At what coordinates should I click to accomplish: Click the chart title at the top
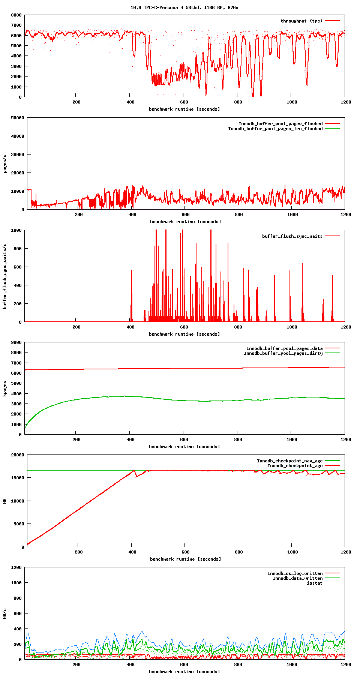pos(184,7)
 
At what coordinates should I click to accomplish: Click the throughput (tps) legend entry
pos(301,21)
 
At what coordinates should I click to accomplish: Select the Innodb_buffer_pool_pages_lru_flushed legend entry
pos(275,129)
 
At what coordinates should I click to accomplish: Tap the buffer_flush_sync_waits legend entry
pos(292,236)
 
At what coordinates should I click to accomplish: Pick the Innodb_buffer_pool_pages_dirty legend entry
pos(283,353)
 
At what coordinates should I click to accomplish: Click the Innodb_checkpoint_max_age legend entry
pos(289,461)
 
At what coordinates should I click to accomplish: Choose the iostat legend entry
pos(315,583)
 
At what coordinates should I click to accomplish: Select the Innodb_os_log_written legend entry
pos(295,573)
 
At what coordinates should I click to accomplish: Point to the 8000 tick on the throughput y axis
pos(16,15)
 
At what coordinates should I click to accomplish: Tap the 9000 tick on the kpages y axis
pos(16,342)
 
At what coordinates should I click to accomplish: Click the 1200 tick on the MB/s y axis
pos(16,567)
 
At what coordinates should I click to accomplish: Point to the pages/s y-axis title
pos(5,163)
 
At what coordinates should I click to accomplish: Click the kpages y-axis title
pos(5,388)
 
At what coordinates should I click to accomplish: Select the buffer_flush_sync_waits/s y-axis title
pos(5,276)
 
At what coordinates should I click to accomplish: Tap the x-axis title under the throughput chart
pos(184,109)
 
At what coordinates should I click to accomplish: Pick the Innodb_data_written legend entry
pos(297,578)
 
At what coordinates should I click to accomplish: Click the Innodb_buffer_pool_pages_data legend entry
pos(284,348)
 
